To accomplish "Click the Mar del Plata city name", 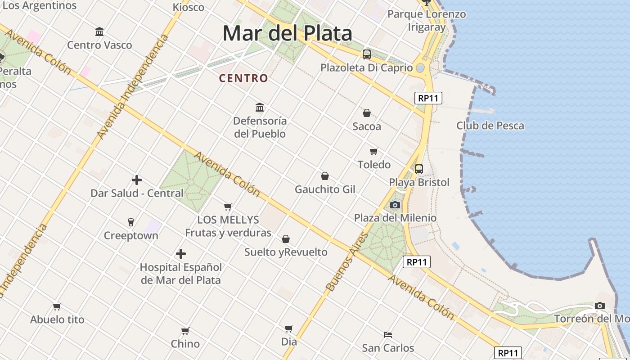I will pyautogui.click(x=287, y=34).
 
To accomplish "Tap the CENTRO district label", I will pyautogui.click(x=243, y=78).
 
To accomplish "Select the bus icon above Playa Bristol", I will pyautogui.click(x=419, y=169).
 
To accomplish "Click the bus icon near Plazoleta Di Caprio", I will pyautogui.click(x=367, y=54).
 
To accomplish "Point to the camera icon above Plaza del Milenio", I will pyautogui.click(x=395, y=205).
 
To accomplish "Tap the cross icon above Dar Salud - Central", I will pyautogui.click(x=137, y=180).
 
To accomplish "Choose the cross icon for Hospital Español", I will pyautogui.click(x=181, y=254).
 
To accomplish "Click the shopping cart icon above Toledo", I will pyautogui.click(x=374, y=151).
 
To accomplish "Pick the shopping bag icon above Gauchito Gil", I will pyautogui.click(x=325, y=176).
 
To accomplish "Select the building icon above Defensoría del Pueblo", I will pyautogui.click(x=260, y=107).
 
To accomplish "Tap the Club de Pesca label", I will pyautogui.click(x=490, y=126).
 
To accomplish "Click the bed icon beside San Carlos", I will pyautogui.click(x=388, y=334).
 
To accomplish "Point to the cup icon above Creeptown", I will pyautogui.click(x=131, y=222).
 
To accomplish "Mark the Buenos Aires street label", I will pyautogui.click(x=346, y=262).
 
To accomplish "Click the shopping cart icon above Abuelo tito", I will pyautogui.click(x=57, y=306).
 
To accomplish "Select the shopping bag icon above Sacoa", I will pyautogui.click(x=367, y=113).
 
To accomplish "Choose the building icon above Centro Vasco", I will pyautogui.click(x=99, y=31).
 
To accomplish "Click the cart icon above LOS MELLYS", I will pyautogui.click(x=228, y=207).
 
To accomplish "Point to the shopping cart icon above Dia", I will pyautogui.click(x=289, y=328).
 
